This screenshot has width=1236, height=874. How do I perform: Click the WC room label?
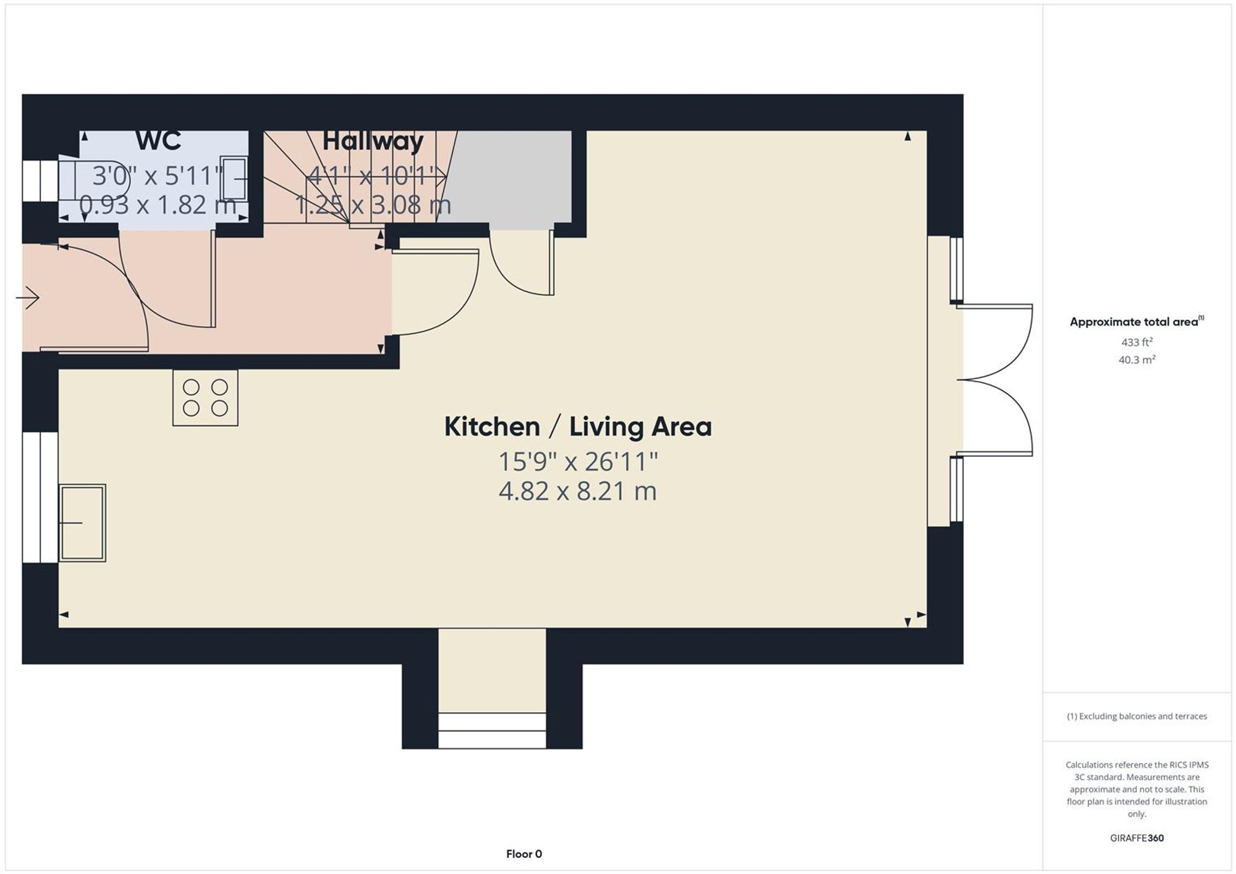tap(158, 141)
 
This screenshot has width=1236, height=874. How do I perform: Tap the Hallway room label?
tap(373, 141)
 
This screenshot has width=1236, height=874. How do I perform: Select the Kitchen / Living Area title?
tap(578, 427)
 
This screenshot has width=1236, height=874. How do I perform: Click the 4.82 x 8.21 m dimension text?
tap(578, 492)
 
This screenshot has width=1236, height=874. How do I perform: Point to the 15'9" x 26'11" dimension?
tap(578, 461)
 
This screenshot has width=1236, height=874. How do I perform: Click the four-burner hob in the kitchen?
tap(205, 398)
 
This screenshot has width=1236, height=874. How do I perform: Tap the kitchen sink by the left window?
tap(82, 523)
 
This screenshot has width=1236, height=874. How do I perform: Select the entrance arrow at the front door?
tap(28, 298)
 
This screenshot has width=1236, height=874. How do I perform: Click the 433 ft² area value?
tap(1137, 342)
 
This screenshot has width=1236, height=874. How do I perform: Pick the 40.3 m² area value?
tap(1137, 359)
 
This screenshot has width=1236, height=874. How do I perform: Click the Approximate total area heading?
tap(1137, 322)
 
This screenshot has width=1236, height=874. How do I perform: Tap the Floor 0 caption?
tap(524, 854)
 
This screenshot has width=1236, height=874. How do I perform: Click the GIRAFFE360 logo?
tap(1137, 838)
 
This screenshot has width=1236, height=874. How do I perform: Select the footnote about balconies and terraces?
tap(1137, 716)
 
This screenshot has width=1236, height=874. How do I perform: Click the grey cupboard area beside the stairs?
tap(512, 177)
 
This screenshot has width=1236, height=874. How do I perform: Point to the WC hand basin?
tap(234, 179)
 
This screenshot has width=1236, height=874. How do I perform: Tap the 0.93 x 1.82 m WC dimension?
tap(158, 204)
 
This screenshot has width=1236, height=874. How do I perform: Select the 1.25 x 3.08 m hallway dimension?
tap(373, 204)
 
